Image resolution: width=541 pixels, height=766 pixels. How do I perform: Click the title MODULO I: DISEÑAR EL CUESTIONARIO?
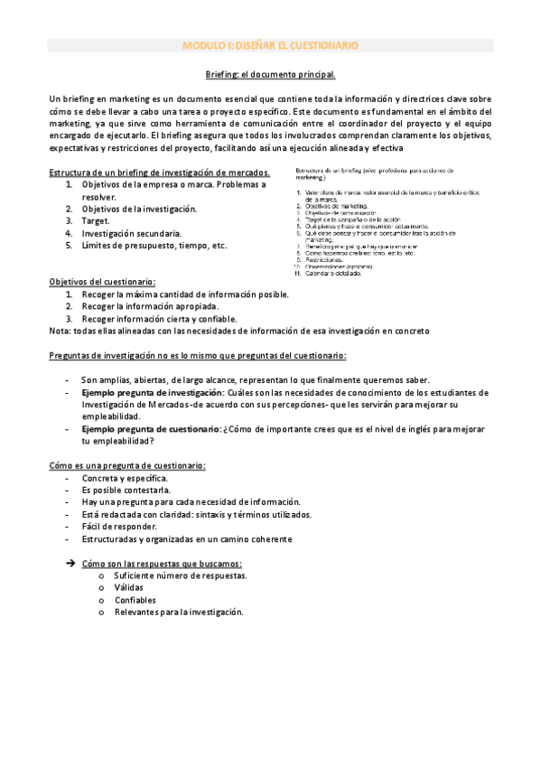coord(270,44)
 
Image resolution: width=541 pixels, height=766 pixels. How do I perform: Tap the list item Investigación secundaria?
coord(125,232)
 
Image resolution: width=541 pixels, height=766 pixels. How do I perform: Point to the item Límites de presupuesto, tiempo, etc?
coord(154,245)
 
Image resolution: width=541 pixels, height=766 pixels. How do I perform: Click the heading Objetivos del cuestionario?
coord(102,282)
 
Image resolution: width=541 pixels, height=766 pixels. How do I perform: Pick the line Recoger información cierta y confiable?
coord(159,318)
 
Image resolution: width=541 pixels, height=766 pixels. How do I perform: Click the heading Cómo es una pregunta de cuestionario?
coord(127,465)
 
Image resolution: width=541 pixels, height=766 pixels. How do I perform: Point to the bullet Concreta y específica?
coord(125,478)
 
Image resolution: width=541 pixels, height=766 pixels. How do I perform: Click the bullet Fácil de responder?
coord(119,527)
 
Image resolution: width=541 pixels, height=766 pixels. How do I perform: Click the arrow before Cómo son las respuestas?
coord(70,564)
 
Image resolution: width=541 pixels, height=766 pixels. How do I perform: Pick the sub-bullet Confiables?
coord(135,600)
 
